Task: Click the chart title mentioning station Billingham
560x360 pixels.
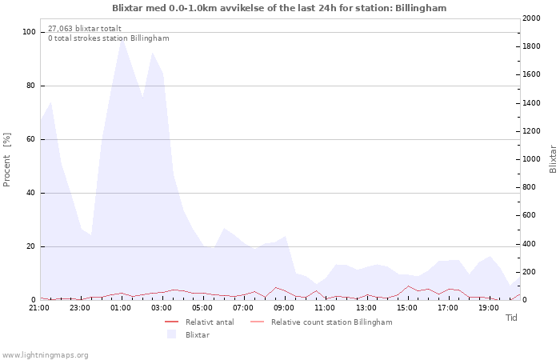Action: [x=279, y=8]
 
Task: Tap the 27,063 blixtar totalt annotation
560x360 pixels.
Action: [x=85, y=29]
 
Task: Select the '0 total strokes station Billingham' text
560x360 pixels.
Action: [x=109, y=38]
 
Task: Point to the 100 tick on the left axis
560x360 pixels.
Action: [x=29, y=32]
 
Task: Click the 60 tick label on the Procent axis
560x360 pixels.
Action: [x=30, y=139]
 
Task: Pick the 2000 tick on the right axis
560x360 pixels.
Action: [x=531, y=18]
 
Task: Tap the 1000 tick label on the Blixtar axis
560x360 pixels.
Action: [x=531, y=159]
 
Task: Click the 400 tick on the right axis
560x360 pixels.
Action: [x=529, y=244]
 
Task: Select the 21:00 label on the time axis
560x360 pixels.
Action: [x=39, y=308]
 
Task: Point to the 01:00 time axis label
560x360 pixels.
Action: [x=121, y=308]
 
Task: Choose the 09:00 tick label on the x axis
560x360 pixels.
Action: [x=284, y=308]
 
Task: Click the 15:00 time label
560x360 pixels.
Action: [x=407, y=308]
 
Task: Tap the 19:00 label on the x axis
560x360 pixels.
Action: [x=489, y=308]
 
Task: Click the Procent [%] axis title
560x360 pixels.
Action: [x=6, y=160]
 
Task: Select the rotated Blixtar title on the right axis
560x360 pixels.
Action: [x=553, y=159]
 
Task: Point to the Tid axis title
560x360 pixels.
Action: [x=511, y=318]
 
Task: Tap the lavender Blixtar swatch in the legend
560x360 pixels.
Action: [x=172, y=334]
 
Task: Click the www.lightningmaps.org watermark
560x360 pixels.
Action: [x=45, y=355]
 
